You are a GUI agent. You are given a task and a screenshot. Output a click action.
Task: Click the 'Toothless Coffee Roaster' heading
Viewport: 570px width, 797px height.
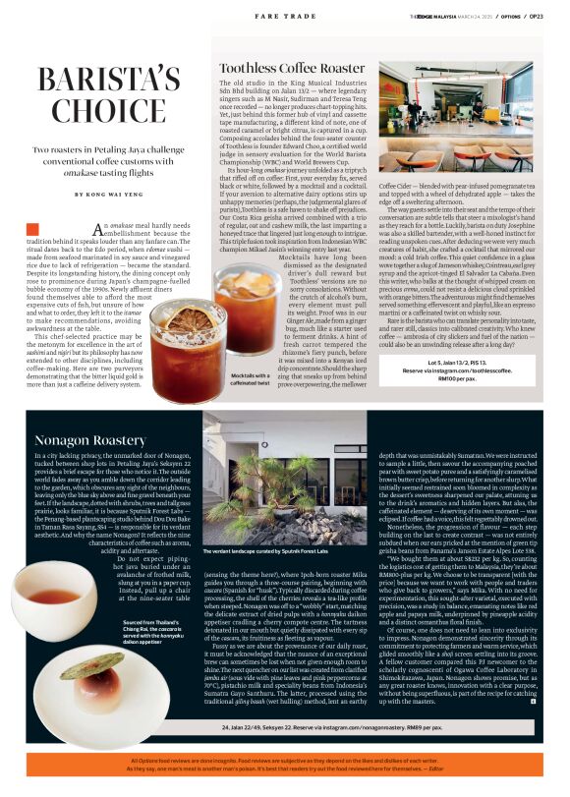[291, 68]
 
